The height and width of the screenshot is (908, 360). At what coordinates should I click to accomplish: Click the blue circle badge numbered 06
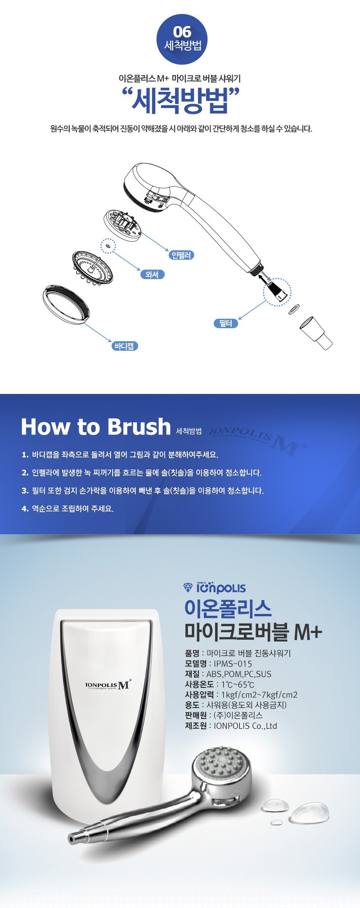click(182, 39)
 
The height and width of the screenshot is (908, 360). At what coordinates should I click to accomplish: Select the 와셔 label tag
click(152, 274)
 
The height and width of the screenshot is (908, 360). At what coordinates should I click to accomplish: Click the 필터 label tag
click(226, 323)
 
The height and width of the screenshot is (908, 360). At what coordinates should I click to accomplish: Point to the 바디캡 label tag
click(124, 346)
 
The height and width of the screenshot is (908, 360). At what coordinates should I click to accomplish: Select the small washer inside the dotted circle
click(108, 247)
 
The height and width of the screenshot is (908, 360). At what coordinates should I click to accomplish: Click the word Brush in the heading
click(139, 426)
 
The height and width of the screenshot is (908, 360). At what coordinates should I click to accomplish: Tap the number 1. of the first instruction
click(25, 455)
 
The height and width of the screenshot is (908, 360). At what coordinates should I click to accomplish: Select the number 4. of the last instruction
click(25, 509)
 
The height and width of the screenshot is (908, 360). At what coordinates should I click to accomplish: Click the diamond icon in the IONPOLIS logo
click(188, 587)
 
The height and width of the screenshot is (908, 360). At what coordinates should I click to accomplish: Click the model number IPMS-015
click(233, 664)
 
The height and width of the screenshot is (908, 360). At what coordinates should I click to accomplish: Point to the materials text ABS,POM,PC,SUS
click(239, 674)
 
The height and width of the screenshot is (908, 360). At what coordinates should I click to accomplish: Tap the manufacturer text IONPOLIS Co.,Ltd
click(245, 726)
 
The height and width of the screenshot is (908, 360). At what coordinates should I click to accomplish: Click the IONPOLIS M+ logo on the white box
click(108, 685)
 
